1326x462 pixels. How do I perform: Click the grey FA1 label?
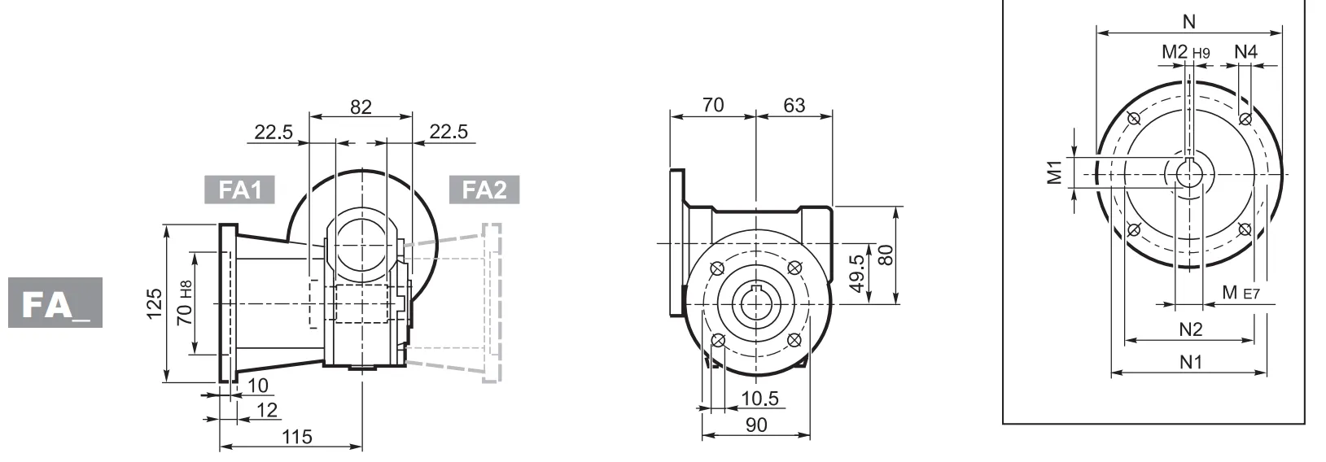[x=239, y=190]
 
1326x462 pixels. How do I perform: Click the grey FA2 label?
[x=484, y=190]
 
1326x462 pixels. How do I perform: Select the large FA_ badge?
[x=55, y=303]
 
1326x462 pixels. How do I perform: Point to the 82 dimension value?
[x=361, y=107]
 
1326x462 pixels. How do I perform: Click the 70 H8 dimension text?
[x=186, y=303]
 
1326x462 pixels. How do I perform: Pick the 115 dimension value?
[x=296, y=437]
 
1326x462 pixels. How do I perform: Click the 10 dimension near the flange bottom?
[x=258, y=384]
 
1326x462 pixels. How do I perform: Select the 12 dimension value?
[x=267, y=410]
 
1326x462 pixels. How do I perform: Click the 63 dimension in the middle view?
[x=794, y=105]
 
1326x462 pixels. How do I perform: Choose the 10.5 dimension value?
[x=760, y=398]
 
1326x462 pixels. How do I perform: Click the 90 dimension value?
[x=756, y=425]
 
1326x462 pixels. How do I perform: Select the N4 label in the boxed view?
[x=1245, y=52]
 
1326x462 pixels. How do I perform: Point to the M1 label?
[x=1055, y=172]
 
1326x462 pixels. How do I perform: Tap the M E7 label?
[x=1241, y=293]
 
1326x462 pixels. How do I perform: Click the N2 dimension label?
[x=1191, y=329]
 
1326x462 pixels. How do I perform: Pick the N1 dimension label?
[x=1191, y=362]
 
